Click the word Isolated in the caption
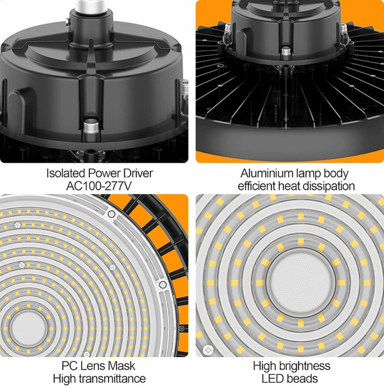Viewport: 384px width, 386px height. coord(66,173)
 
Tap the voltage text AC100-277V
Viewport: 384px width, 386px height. coord(99,186)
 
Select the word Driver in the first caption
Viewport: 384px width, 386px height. coord(138,173)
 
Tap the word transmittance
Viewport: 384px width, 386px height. coord(110,378)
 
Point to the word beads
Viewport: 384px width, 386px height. coord(303,378)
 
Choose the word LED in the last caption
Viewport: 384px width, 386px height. coord(273,378)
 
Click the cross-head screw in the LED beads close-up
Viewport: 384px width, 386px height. coord(208,349)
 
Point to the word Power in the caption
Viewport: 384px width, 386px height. coord(104,173)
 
